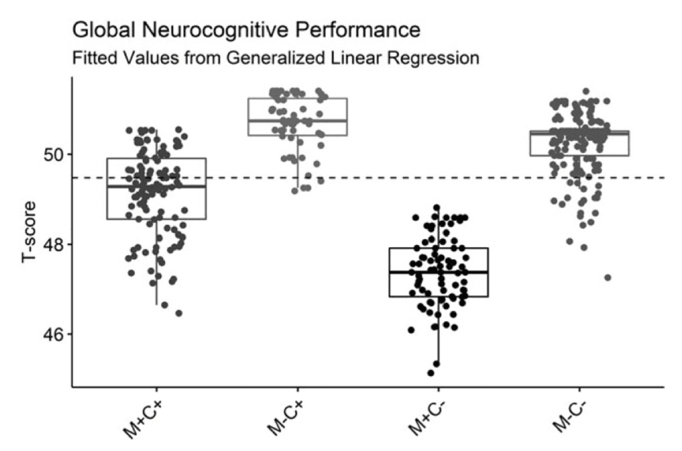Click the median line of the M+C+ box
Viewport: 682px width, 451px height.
coord(157,186)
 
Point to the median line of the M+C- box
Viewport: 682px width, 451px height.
coord(438,272)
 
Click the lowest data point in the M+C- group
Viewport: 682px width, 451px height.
coord(430,373)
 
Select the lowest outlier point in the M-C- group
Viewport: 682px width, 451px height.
coord(608,277)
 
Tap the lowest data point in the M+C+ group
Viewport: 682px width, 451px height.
coord(179,313)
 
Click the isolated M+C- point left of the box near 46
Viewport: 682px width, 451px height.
coord(411,330)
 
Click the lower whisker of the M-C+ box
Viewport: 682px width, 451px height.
coord(297,161)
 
